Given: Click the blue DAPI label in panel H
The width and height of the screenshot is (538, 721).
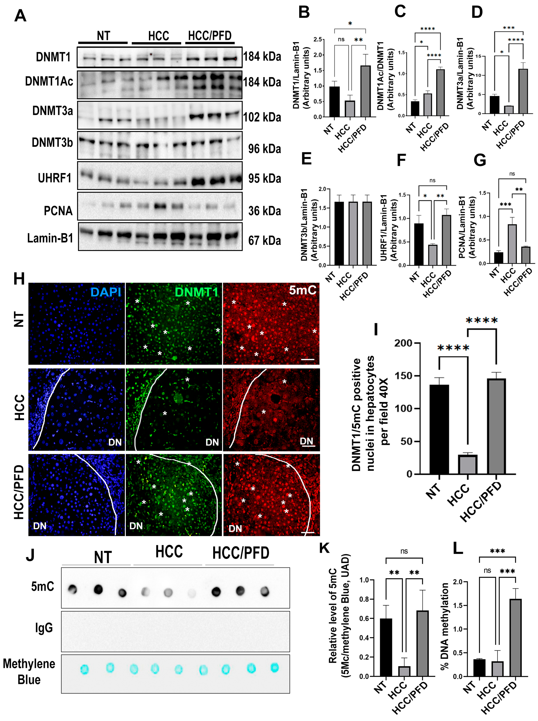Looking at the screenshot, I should coord(106,292).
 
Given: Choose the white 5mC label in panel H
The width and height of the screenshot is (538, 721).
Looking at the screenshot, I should coord(302,290).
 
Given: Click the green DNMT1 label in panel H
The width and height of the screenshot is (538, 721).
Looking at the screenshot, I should coord(196,292).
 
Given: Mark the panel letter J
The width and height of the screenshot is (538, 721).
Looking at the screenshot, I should coord(30,555).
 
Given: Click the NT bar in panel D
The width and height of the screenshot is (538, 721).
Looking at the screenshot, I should coord(494,105).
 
